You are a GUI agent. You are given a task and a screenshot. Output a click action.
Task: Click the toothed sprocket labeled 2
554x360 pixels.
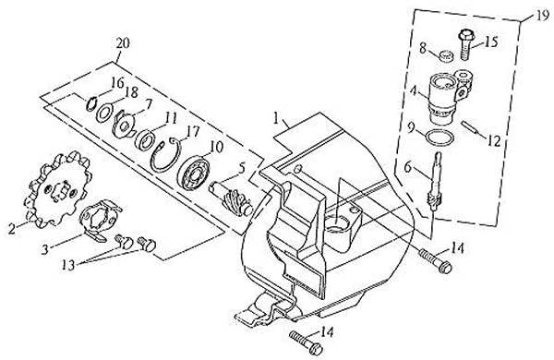pyautogui.click(x=56, y=190)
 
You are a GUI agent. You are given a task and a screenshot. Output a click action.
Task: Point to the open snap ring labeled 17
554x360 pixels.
pyautogui.click(x=166, y=154)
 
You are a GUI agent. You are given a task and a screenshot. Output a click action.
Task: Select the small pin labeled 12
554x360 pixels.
pyautogui.click(x=470, y=127)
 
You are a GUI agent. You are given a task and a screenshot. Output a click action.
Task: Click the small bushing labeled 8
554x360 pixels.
pyautogui.click(x=447, y=55)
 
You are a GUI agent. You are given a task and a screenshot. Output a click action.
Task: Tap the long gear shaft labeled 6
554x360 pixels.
pyautogui.click(x=434, y=181)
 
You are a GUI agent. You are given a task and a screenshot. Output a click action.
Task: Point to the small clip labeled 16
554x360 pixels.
pyautogui.click(x=91, y=104)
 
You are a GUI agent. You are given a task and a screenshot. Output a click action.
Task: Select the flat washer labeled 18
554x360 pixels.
pyautogui.click(x=103, y=113)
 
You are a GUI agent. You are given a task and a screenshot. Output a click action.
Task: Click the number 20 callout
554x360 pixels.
pyautogui.click(x=122, y=43)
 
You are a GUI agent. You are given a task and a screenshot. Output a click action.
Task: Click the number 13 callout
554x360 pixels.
pyautogui.click(x=68, y=264)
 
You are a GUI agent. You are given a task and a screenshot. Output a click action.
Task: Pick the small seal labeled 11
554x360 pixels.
pyautogui.click(x=145, y=139)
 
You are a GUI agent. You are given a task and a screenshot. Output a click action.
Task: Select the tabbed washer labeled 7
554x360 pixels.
pyautogui.click(x=124, y=124)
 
